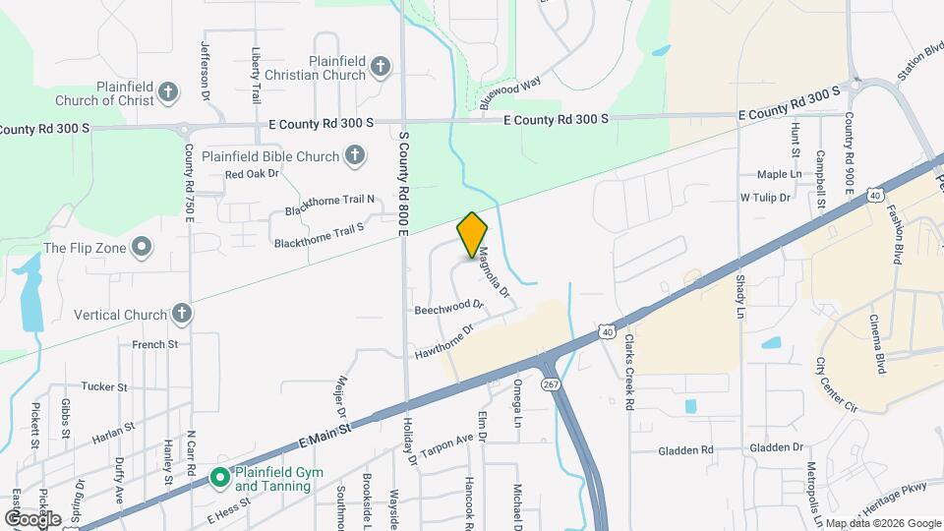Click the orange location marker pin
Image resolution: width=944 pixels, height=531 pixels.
coord(472,234)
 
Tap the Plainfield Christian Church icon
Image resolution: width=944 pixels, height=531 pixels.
coord(381,68)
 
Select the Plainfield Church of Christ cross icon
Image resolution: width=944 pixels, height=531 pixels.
coord(168,93)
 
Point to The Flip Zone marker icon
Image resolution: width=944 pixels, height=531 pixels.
coord(143,246)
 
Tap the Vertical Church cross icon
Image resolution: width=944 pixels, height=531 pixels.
coord(181,314)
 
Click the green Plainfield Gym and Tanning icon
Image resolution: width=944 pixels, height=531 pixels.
coord(220,478)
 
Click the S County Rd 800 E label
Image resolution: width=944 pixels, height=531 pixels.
coord(403,182)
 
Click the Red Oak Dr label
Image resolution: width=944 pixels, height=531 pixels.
coord(252,175)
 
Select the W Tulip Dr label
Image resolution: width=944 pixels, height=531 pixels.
coord(765,198)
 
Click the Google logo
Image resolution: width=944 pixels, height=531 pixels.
coord(32,517)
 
